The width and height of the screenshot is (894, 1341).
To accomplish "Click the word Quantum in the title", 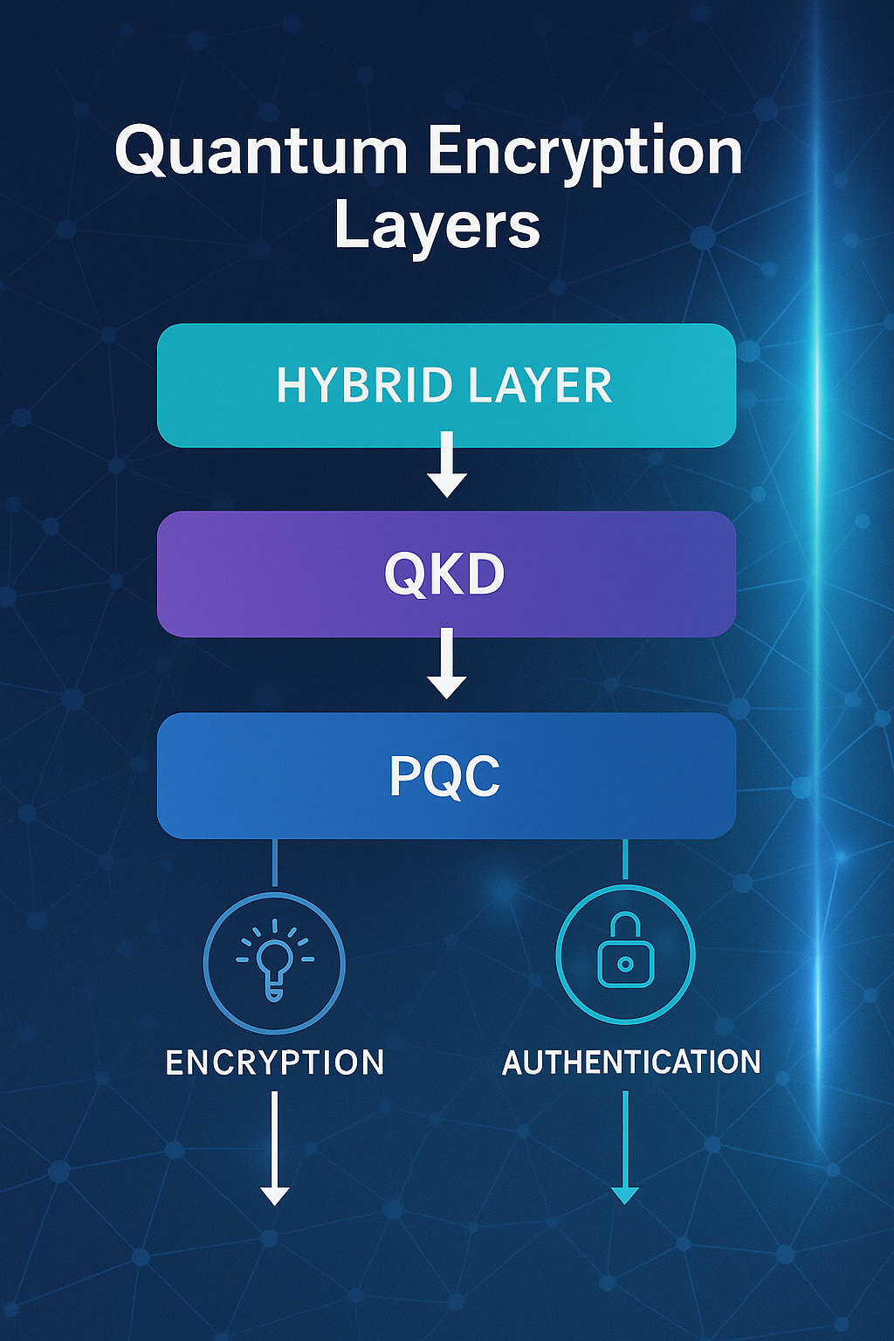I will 260,153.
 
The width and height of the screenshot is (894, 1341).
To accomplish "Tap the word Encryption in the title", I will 584,153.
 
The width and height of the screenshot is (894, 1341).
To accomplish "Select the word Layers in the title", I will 437,225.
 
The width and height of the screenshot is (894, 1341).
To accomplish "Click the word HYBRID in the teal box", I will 364,386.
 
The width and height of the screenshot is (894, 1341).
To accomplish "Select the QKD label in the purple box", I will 445,574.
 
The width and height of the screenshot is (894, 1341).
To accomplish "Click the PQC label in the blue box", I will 445,776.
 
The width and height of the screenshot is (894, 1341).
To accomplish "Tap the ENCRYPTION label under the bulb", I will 275,1062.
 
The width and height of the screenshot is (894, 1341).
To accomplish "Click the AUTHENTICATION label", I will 631,1062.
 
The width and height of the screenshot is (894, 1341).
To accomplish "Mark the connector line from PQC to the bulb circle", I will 275,863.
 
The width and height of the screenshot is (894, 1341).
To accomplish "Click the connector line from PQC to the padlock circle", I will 625,859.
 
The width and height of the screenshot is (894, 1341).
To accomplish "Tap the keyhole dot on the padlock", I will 625,964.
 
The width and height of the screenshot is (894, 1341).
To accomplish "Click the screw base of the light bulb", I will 274,992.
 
